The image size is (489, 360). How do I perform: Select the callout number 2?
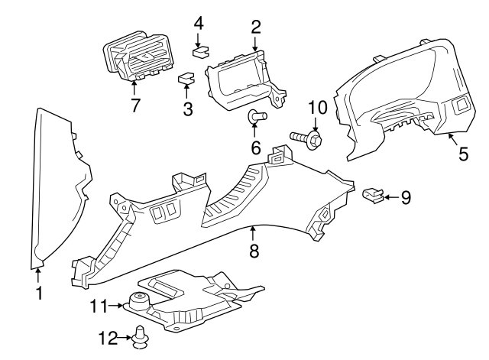(255, 28)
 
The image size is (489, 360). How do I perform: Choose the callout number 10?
(317, 106)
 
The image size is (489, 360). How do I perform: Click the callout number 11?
(97, 306)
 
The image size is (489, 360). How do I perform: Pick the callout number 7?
(135, 105)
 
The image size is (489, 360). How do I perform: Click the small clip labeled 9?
(372, 196)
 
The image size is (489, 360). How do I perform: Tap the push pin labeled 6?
(256, 116)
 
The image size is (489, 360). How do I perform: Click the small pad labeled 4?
(201, 53)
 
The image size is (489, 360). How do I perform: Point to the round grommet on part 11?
(140, 300)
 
